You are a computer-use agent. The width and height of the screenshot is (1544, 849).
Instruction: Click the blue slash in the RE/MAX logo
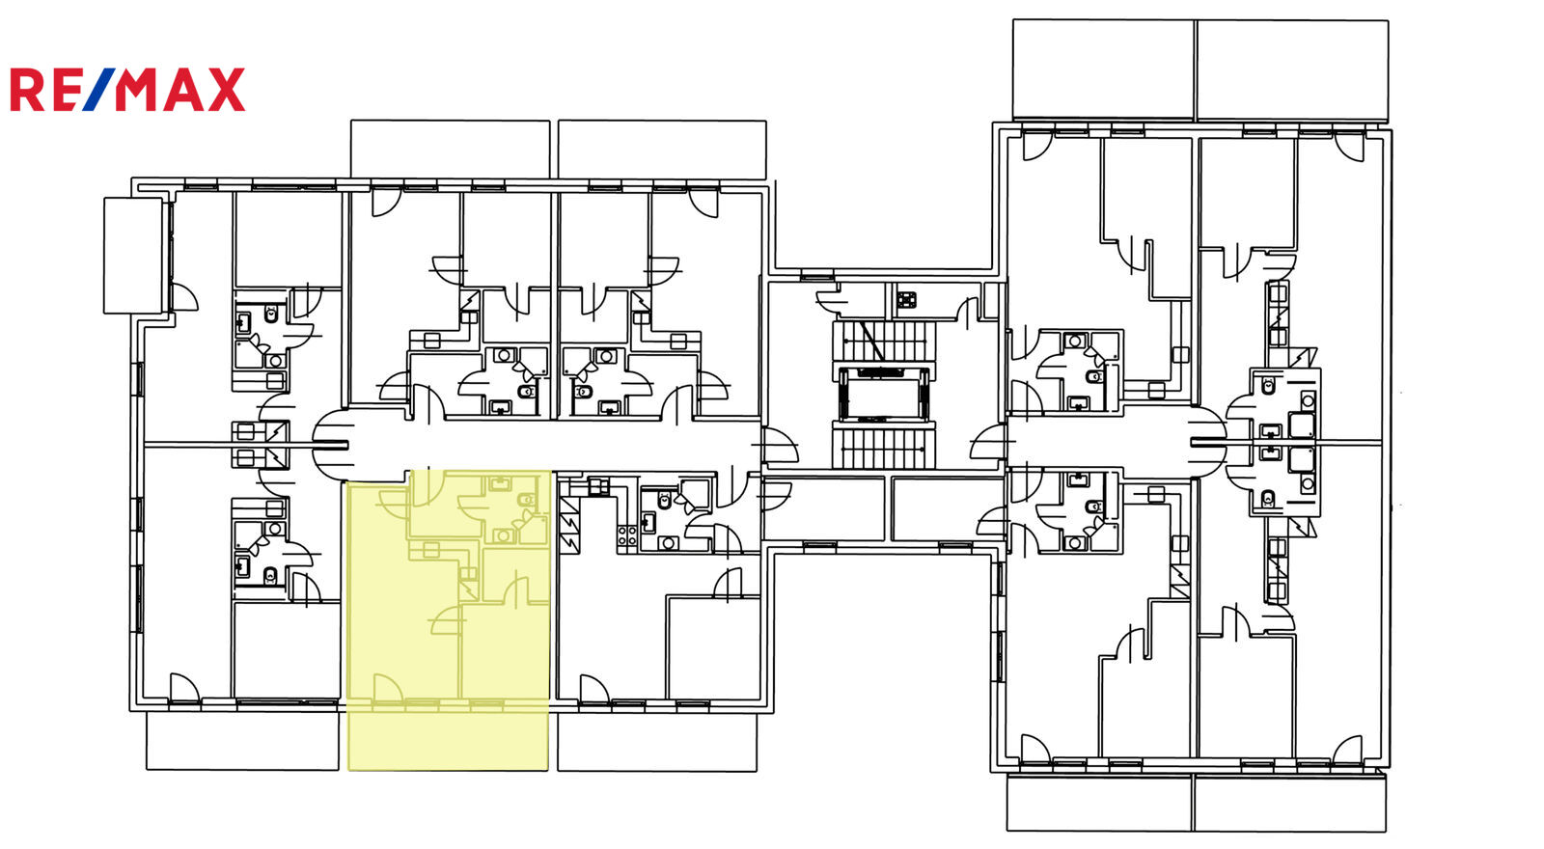click(x=99, y=90)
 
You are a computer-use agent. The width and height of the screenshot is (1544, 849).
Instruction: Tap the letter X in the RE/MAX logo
click(x=226, y=90)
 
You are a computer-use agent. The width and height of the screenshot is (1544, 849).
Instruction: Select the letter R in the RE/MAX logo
click(x=26, y=90)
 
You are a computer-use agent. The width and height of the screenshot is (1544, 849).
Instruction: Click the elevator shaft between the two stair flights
click(x=884, y=394)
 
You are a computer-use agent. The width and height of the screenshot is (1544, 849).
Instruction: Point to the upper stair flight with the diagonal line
click(x=884, y=341)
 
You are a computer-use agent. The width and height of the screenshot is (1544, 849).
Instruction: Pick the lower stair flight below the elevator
click(x=884, y=447)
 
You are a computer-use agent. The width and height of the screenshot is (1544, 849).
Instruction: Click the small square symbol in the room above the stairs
click(x=906, y=300)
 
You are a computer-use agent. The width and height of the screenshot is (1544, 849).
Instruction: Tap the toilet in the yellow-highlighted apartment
click(x=527, y=499)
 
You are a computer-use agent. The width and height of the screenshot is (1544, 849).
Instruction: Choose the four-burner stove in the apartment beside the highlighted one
click(x=626, y=535)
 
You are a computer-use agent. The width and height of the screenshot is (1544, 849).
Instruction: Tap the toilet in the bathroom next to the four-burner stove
click(x=664, y=501)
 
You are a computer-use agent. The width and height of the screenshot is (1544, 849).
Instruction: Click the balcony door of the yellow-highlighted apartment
click(x=387, y=689)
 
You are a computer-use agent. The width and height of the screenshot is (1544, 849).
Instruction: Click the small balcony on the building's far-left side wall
click(x=134, y=256)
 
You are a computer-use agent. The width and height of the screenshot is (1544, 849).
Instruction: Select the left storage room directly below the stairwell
click(x=824, y=508)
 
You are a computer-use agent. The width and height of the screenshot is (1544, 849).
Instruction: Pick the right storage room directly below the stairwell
click(x=948, y=508)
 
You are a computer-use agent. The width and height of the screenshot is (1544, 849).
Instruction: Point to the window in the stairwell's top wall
click(x=817, y=277)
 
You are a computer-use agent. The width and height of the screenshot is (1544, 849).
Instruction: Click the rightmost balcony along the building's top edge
click(x=1292, y=70)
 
